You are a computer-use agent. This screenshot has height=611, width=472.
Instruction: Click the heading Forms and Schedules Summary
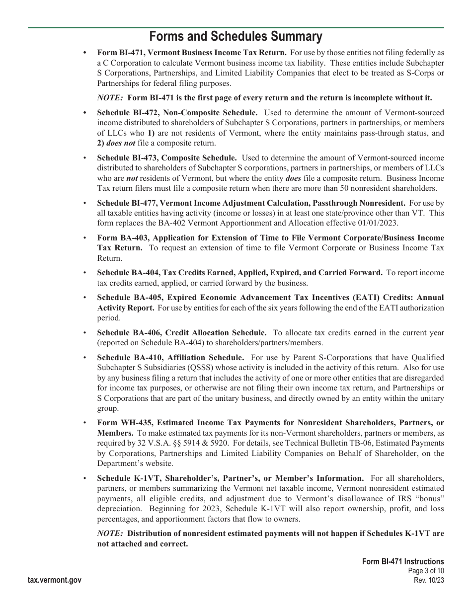tap(236, 37)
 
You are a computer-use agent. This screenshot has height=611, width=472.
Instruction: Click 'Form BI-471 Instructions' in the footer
tap(403, 562)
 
